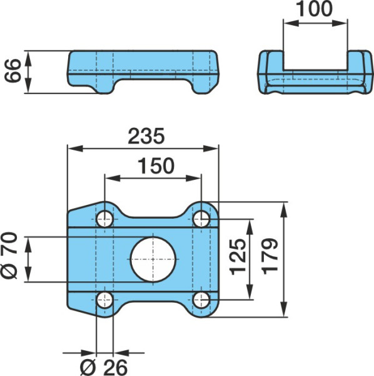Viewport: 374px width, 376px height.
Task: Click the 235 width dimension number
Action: coord(146,136)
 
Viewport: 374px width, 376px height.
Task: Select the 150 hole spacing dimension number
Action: coord(156,165)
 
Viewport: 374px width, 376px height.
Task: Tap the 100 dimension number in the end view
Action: coord(315,9)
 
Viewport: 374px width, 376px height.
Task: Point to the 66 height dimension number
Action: coord(13,71)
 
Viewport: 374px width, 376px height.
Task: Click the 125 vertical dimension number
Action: coord(238,257)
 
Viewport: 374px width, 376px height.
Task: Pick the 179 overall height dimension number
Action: coord(270,256)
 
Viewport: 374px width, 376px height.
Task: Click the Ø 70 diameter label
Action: coord(9,256)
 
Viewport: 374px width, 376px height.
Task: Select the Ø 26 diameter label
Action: coord(104,368)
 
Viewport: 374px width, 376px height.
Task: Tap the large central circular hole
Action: coord(153,259)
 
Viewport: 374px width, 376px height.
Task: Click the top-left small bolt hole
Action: coord(104,219)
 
